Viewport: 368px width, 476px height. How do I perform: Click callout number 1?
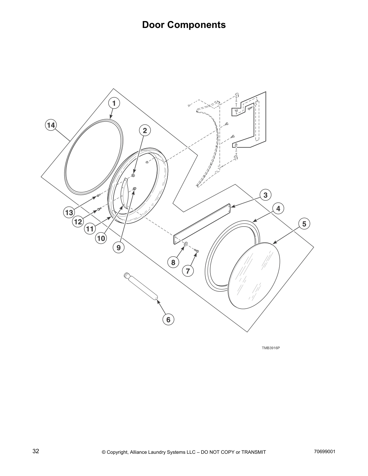[x=114, y=103]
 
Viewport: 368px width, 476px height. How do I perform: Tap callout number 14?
[x=51, y=125]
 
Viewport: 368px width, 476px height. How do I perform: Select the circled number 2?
[x=145, y=130]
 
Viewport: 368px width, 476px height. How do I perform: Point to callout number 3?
[x=265, y=195]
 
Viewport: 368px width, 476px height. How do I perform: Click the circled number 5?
[x=304, y=224]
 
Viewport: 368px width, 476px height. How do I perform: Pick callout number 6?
[x=168, y=320]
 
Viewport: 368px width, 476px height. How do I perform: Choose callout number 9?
[x=118, y=247]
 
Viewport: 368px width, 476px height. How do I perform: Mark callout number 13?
[x=69, y=213]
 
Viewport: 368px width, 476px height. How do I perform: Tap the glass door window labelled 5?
[x=254, y=275]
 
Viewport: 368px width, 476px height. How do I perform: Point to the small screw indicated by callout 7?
[x=197, y=251]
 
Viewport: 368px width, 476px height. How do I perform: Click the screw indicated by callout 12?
[x=99, y=209]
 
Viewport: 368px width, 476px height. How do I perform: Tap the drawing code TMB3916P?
[x=271, y=348]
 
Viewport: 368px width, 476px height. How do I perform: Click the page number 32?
[x=36, y=451]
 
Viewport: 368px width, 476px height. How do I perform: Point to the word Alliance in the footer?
[x=140, y=452]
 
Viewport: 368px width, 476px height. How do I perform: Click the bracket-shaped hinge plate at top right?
[x=256, y=120]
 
